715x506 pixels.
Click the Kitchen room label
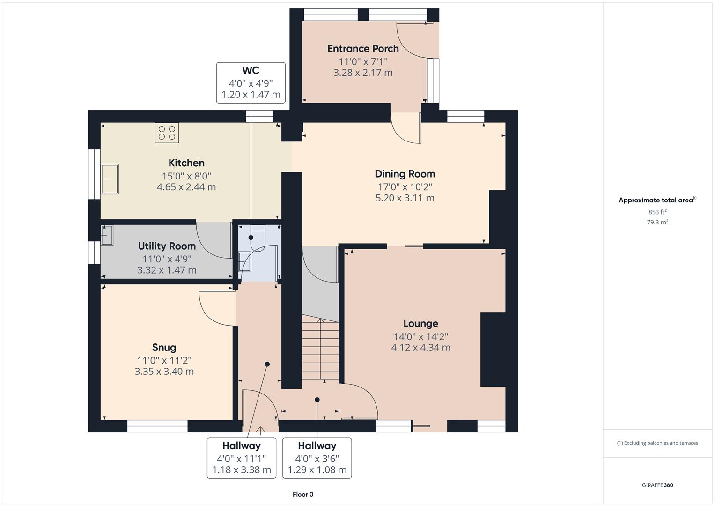click(x=186, y=163)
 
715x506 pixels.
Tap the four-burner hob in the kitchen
click(x=167, y=133)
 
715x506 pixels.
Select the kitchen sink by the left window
click(x=110, y=179)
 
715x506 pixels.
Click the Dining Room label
click(x=405, y=174)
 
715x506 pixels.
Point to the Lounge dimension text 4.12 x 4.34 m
click(x=420, y=348)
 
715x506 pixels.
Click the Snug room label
click(x=164, y=347)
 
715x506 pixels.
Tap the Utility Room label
click(x=167, y=246)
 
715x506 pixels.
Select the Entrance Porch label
click(x=363, y=49)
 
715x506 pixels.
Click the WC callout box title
click(x=251, y=71)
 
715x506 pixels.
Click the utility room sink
click(x=107, y=235)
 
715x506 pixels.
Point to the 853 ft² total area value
click(x=657, y=212)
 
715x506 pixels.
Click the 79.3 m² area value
click(x=657, y=222)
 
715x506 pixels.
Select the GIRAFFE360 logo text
click(x=657, y=485)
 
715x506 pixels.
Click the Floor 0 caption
click(x=303, y=494)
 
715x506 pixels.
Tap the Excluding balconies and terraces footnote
click(x=657, y=443)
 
